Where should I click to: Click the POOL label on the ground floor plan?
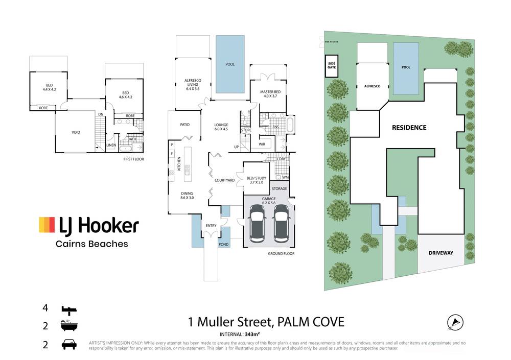[230, 64]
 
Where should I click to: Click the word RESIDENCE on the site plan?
[409, 128]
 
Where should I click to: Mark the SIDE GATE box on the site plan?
[332, 66]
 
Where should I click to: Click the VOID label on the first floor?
[76, 133]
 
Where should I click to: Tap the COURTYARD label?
[224, 180]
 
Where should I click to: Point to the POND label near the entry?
[224, 245]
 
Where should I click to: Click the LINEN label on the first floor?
[111, 146]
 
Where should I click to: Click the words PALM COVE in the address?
[311, 322]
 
